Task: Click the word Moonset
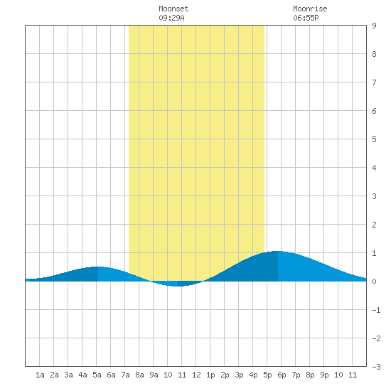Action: click(x=173, y=9)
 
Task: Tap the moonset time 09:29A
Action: click(x=171, y=18)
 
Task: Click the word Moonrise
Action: click(x=310, y=9)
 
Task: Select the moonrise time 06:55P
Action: click(x=306, y=18)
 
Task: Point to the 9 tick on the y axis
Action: click(x=374, y=26)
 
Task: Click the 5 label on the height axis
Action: click(x=374, y=139)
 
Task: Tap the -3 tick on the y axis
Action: click(x=376, y=367)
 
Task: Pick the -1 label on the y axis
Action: click(x=376, y=310)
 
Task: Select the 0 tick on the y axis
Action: click(x=374, y=282)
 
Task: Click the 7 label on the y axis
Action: click(x=374, y=82)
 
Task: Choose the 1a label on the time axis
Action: click(x=40, y=375)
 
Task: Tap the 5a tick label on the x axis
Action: click(x=97, y=375)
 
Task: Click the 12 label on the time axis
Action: click(x=196, y=375)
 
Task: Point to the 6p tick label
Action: click(x=282, y=375)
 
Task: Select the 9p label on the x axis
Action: click(x=324, y=375)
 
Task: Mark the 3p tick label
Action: click(x=239, y=375)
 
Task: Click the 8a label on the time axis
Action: click(x=139, y=375)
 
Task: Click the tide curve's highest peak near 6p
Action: click(x=277, y=252)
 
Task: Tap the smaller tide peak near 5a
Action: click(x=98, y=267)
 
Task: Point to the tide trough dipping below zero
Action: click(x=177, y=286)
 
